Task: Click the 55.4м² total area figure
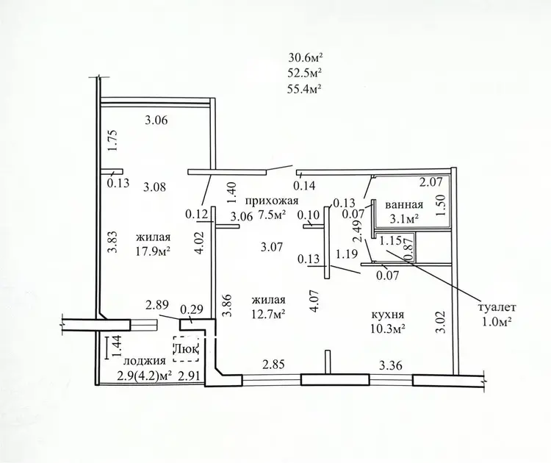click(x=305, y=89)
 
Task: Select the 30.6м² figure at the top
click(x=306, y=57)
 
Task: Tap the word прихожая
click(x=272, y=201)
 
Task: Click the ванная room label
click(x=404, y=204)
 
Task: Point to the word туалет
click(x=497, y=307)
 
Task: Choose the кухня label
click(x=388, y=315)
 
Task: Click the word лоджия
click(x=145, y=361)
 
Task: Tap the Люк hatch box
click(x=187, y=349)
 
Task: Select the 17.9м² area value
click(x=154, y=251)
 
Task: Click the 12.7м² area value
click(x=267, y=314)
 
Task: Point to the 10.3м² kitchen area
click(x=388, y=329)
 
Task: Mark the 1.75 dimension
click(x=113, y=141)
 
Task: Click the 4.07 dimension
click(x=314, y=301)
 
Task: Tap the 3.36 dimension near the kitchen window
click(x=390, y=366)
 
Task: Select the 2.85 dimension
click(x=273, y=365)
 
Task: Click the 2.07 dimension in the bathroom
click(x=430, y=182)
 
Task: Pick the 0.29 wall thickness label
click(x=192, y=309)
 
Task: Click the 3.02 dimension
click(x=442, y=322)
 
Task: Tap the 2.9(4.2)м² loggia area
click(x=145, y=376)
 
